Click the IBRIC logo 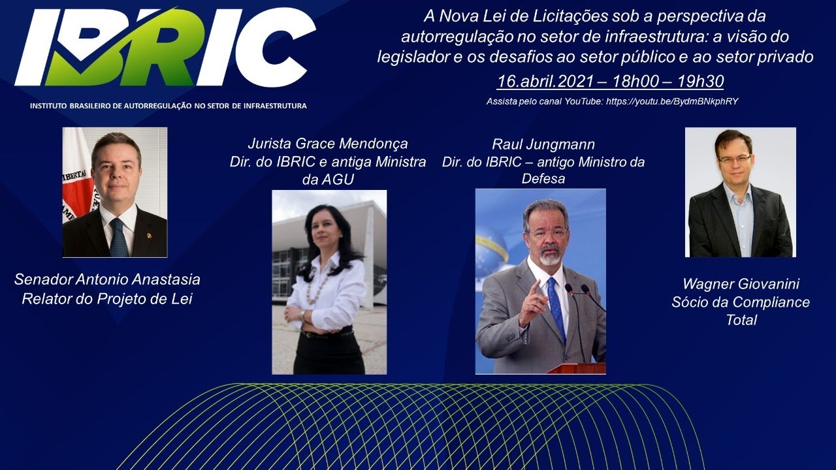click(165, 48)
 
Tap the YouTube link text click(672, 101)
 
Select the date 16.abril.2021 click(545, 82)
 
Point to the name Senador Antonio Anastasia click(107, 279)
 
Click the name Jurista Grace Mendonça click(328, 143)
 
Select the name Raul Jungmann click(543, 144)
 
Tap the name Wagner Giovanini click(741, 284)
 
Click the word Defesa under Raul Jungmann click(543, 179)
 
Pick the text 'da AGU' click(328, 180)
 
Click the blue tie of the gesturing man click(556, 307)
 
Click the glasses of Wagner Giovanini click(734, 159)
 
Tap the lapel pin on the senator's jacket click(149, 236)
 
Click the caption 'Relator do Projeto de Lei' click(107, 299)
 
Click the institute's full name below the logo click(169, 106)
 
